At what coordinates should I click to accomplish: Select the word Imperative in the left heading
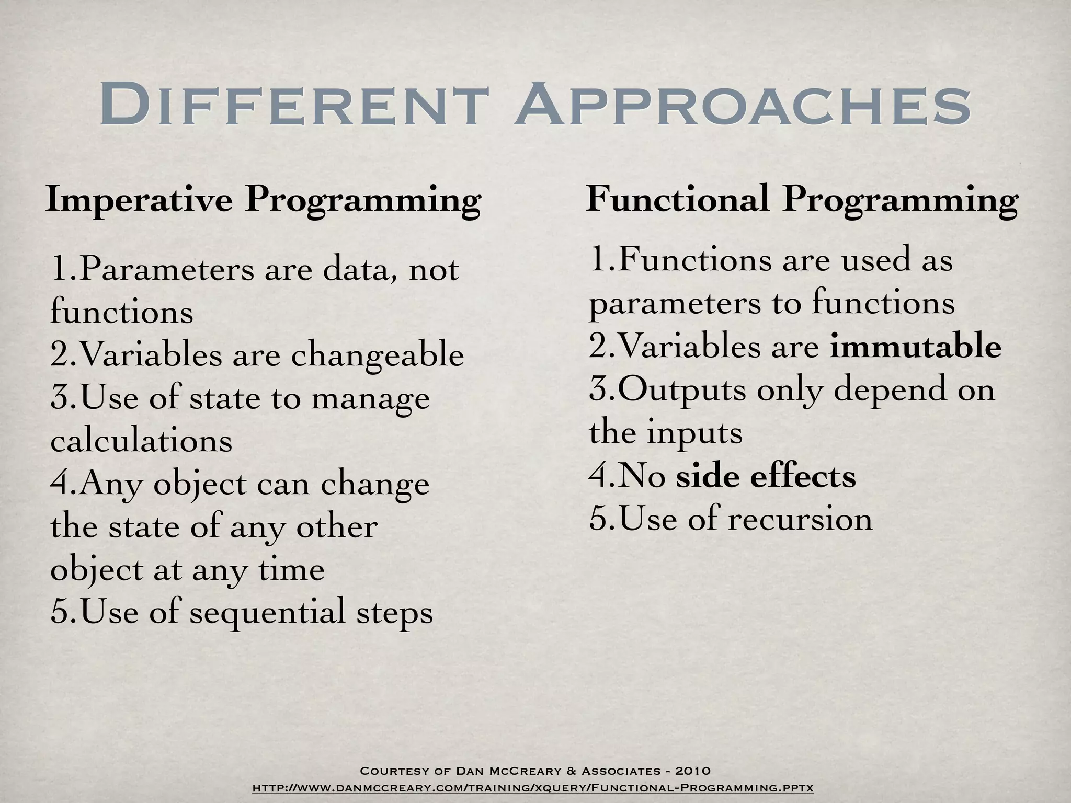[x=139, y=200]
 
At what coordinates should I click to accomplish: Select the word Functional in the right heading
[x=677, y=199]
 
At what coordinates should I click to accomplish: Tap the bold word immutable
[x=915, y=347]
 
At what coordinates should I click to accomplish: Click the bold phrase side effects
[x=766, y=476]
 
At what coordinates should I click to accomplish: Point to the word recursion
[x=800, y=519]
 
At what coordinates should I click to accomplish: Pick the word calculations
[x=141, y=441]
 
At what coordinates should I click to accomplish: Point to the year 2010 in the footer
[x=692, y=771]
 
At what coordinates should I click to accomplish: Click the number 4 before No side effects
[x=598, y=476]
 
